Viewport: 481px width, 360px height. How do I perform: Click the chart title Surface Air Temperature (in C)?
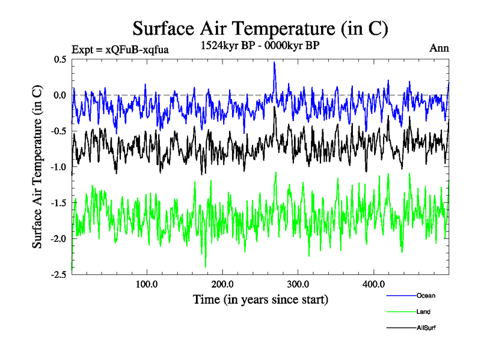pyautogui.click(x=260, y=28)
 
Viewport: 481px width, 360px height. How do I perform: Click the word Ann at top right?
pyautogui.click(x=439, y=48)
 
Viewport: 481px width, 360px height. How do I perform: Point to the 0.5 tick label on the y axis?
pyautogui.click(x=60, y=59)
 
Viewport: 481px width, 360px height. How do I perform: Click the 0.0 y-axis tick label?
pyautogui.click(x=60, y=95)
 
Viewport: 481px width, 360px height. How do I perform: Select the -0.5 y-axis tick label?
pyautogui.click(x=58, y=131)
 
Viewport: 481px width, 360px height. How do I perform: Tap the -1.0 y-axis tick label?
pyautogui.click(x=58, y=167)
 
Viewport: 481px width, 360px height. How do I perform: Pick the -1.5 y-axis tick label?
pyautogui.click(x=58, y=203)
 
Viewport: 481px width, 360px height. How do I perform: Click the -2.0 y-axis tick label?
pyautogui.click(x=58, y=239)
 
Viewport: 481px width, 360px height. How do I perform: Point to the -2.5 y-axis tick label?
pyautogui.click(x=58, y=274)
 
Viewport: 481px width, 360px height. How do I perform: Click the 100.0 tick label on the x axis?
pyautogui.click(x=147, y=284)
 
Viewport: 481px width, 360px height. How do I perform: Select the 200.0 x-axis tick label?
pyautogui.click(x=222, y=284)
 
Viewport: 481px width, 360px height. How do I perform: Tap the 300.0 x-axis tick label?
pyautogui.click(x=298, y=284)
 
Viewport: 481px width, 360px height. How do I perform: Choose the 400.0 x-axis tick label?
pyautogui.click(x=374, y=284)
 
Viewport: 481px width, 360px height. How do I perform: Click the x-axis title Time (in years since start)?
pyautogui.click(x=260, y=299)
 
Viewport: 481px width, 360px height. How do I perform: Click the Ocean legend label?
pyautogui.click(x=426, y=295)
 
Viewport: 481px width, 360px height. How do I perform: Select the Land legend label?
pyautogui.click(x=423, y=312)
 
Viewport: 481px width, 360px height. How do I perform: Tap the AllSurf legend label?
pyautogui.click(x=426, y=328)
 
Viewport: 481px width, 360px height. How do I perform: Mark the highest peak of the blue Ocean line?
pyautogui.click(x=274, y=62)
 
